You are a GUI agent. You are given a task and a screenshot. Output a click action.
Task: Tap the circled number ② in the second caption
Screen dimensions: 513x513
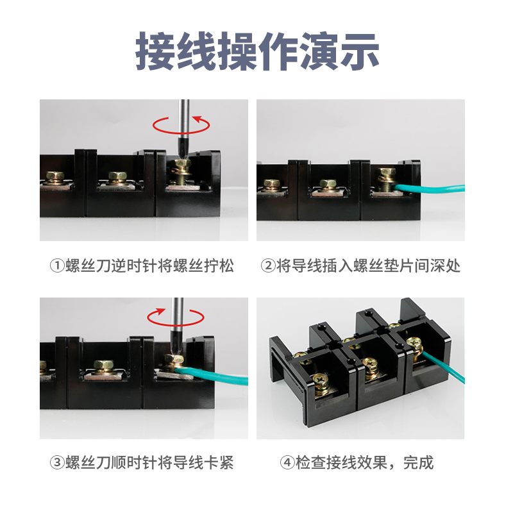[268, 265]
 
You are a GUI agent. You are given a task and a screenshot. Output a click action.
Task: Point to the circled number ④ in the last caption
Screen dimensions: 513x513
[286, 462]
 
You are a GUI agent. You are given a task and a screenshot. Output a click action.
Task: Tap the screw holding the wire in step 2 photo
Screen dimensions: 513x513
[386, 176]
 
